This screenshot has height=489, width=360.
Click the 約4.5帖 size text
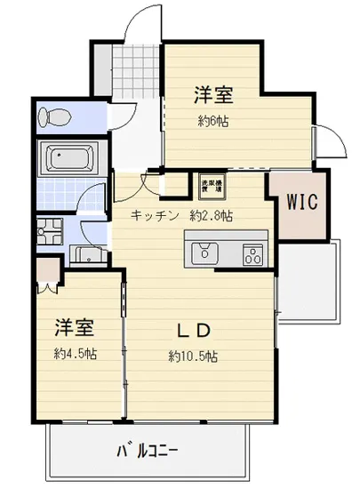pyautogui.click(x=76, y=353)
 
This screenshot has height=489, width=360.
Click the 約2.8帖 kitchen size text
pyautogui.click(x=211, y=215)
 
